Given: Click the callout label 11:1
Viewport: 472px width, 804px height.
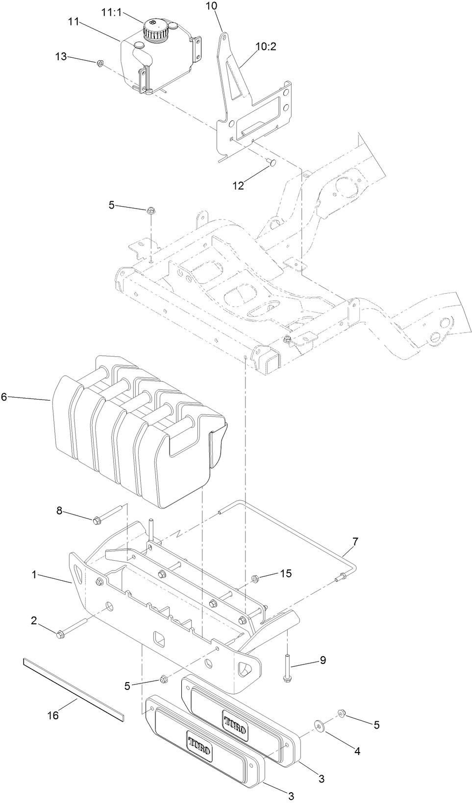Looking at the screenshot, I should pyautogui.click(x=112, y=13).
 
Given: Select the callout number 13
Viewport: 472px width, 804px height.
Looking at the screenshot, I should pyautogui.click(x=61, y=57).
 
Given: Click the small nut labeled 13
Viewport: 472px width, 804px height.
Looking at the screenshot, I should pyautogui.click(x=100, y=63).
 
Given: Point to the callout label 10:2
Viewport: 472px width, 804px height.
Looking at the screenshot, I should pyautogui.click(x=266, y=47).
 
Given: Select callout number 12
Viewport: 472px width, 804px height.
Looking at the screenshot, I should pyautogui.click(x=238, y=186).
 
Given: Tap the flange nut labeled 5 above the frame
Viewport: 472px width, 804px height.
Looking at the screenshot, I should pyautogui.click(x=150, y=211).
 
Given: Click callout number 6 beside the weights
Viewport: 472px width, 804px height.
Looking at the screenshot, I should pyautogui.click(x=4, y=397).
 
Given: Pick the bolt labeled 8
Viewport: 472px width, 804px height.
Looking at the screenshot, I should pyautogui.click(x=98, y=519).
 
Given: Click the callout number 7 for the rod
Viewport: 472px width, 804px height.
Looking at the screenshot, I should pyautogui.click(x=355, y=542).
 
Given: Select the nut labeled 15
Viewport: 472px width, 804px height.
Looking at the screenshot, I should pyautogui.click(x=255, y=579).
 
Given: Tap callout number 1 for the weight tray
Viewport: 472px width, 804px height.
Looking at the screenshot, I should pyautogui.click(x=34, y=574).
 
